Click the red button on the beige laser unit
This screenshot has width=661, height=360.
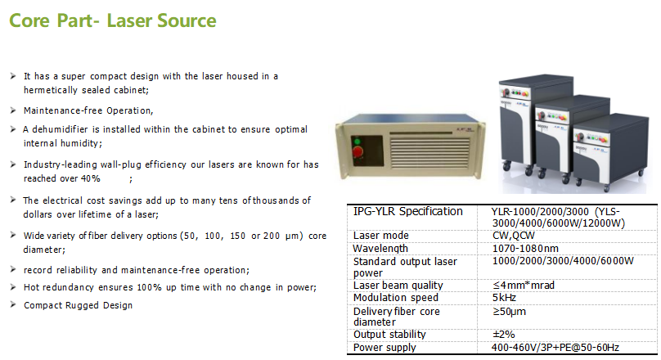click(357, 151)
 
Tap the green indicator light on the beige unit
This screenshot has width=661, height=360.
click(357, 141)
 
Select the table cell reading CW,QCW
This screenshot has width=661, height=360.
click(513, 235)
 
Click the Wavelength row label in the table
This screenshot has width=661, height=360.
click(380, 249)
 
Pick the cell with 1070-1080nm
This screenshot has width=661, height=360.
click(525, 248)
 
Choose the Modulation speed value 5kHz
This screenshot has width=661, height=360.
click(504, 298)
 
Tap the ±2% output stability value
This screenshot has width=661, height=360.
click(503, 335)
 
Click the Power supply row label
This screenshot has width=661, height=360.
click(384, 348)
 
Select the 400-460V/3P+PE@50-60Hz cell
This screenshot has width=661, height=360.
click(555, 348)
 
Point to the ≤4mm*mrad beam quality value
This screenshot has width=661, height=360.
click(523, 286)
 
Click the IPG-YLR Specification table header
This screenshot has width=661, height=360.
click(407, 211)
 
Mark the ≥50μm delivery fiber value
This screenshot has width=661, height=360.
click(509, 312)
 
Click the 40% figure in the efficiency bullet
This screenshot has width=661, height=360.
click(91, 178)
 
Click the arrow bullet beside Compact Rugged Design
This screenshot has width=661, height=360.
click(13, 305)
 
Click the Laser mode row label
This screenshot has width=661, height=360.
click(381, 235)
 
